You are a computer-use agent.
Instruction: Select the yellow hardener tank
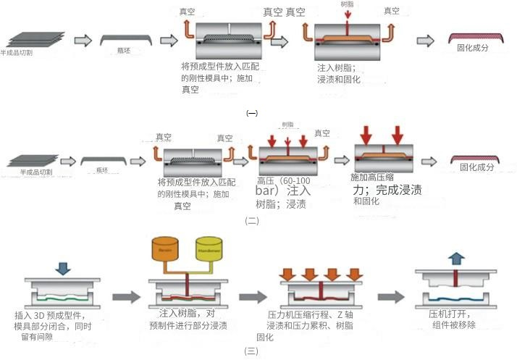click(x=210, y=249)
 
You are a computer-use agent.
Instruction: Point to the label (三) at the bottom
click(x=251, y=351)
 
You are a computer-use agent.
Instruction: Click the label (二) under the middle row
click(x=251, y=221)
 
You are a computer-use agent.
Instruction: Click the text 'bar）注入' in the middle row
click(x=283, y=191)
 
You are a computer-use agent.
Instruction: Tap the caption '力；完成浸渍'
click(x=387, y=190)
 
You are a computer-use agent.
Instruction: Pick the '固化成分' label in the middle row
click(x=476, y=167)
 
